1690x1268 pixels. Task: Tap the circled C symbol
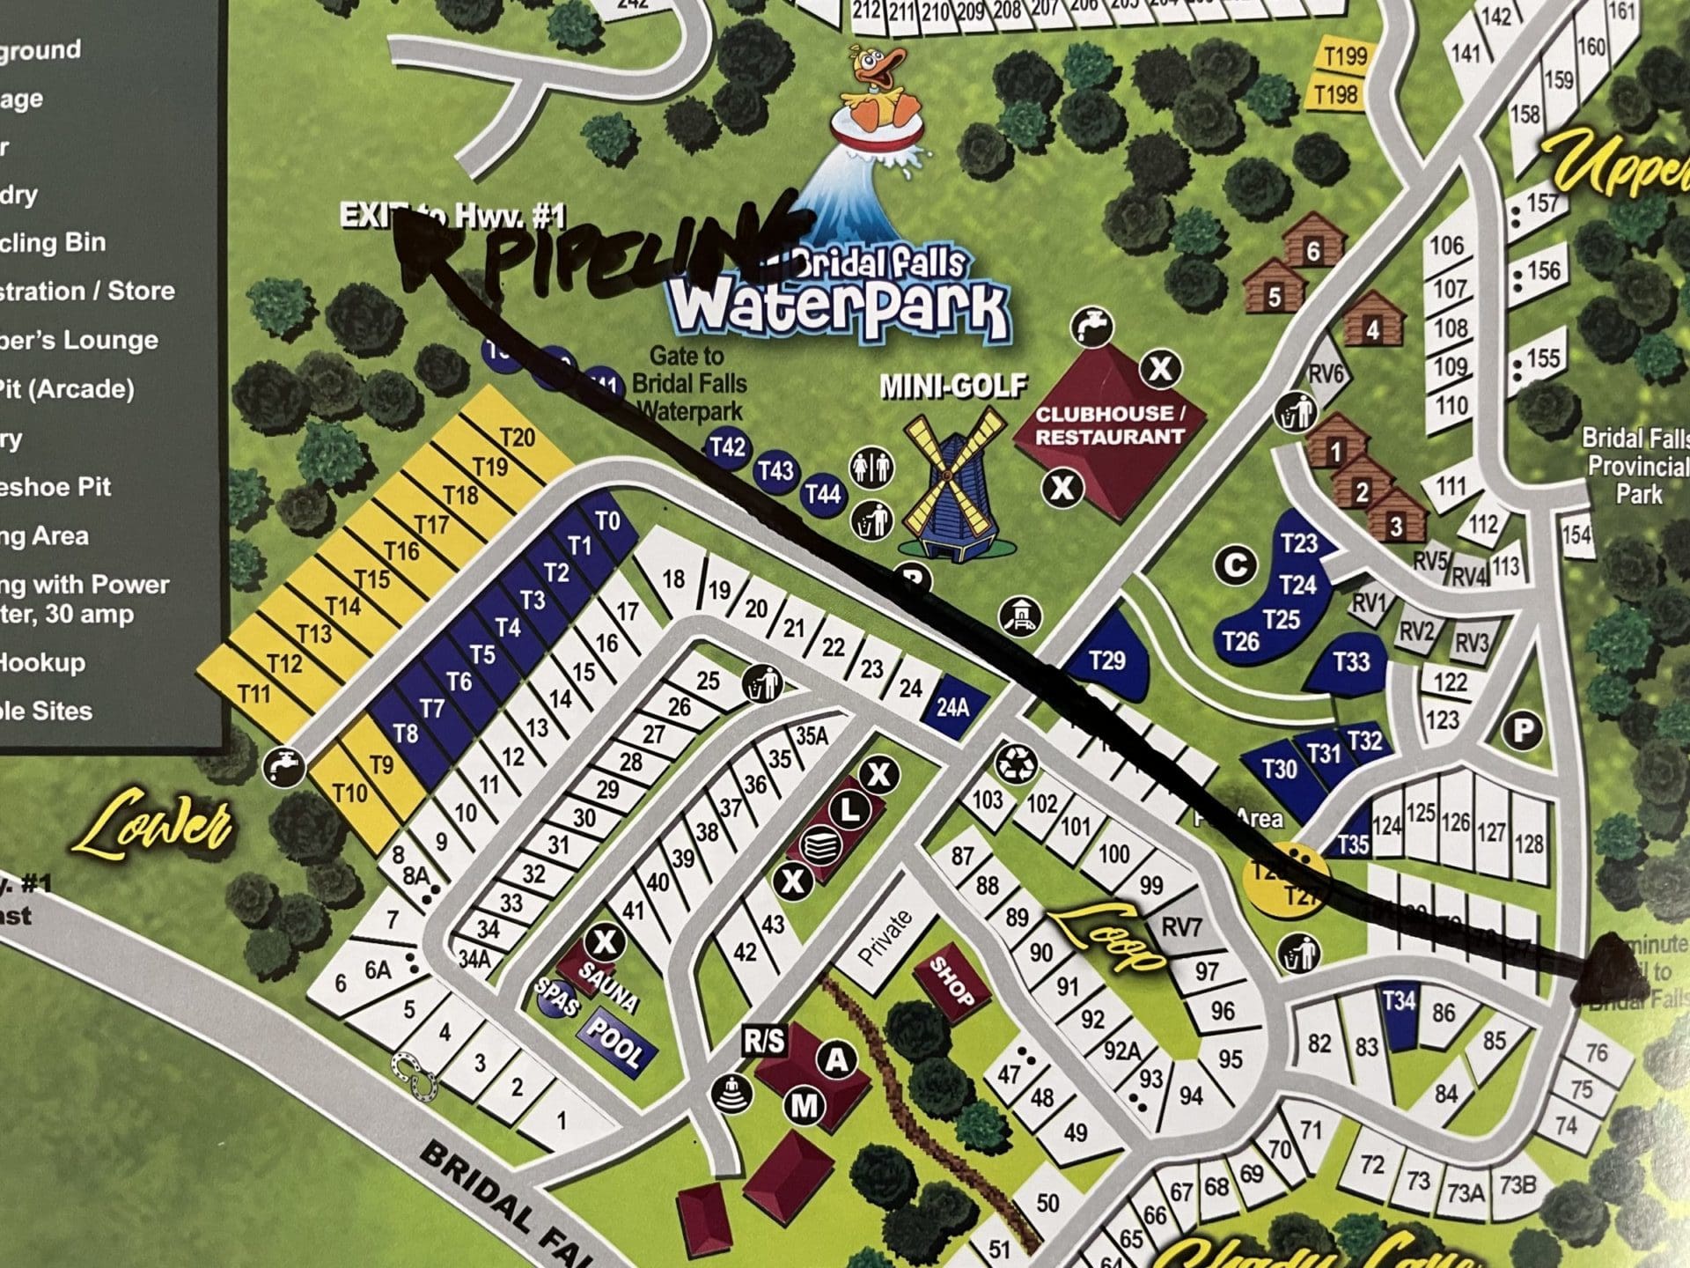pos(1236,564)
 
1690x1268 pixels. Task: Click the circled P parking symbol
pos(1523,730)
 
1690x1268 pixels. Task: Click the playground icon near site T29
pos(1022,615)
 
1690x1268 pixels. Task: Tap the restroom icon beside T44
pos(872,466)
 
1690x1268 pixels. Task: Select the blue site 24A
pos(953,706)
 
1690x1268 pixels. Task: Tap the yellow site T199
pos(1345,56)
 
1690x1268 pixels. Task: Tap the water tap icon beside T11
pos(284,766)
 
